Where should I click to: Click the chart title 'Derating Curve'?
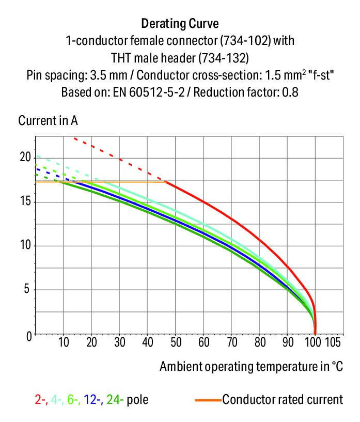pos(180,23)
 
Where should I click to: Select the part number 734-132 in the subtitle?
pos(226,57)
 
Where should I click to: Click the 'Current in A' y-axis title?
pos(48,121)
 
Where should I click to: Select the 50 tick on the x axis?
pos(176,342)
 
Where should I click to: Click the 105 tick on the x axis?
pos(332,342)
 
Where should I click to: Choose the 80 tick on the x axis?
pos(259,342)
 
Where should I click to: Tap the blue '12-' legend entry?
pos(95,400)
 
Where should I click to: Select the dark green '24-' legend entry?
pos(115,400)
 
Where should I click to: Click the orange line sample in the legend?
pos(208,400)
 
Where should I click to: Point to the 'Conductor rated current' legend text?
pos(283,400)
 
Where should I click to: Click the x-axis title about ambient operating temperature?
pos(251,367)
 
